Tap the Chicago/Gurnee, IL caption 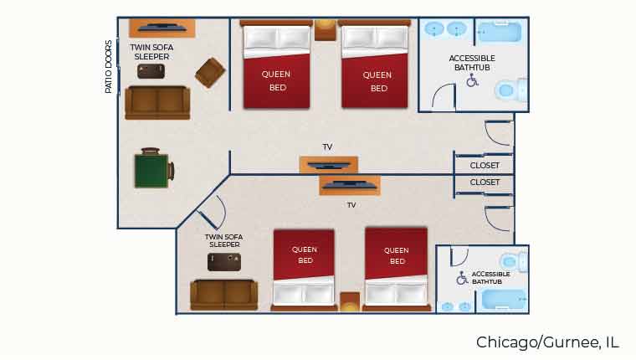coord(547,342)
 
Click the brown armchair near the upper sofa coord(209,72)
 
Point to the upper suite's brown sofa coord(156,102)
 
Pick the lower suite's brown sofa coord(223,294)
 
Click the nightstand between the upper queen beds coord(325,31)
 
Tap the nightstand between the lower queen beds coord(349,300)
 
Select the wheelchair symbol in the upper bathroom coord(472,80)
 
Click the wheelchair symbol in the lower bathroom coord(462,278)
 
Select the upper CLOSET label coord(485,166)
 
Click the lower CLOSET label coord(485,182)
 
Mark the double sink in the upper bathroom coord(445,30)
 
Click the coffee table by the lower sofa coord(224,262)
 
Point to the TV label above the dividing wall coord(327,147)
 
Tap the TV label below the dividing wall coord(351,204)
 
